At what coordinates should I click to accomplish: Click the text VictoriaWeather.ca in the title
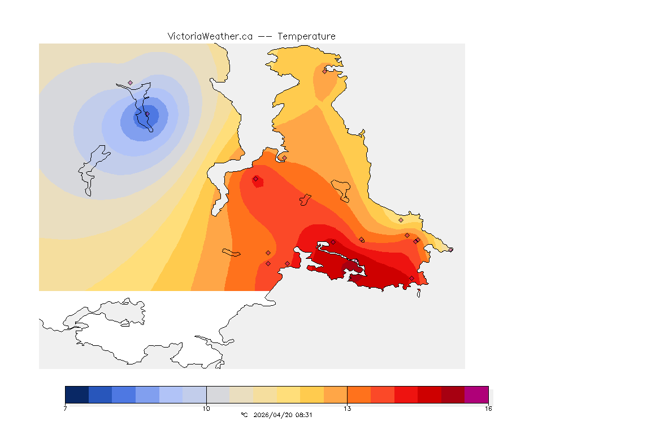click(210, 36)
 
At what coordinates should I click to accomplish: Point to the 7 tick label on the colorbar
click(66, 408)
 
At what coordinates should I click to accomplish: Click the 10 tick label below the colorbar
click(206, 408)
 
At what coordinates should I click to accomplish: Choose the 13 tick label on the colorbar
click(347, 408)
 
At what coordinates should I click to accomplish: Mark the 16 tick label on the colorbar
click(488, 408)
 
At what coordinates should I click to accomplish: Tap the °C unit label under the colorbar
click(244, 415)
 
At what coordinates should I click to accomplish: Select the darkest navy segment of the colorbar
click(77, 394)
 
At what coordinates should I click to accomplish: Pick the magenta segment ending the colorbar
click(476, 394)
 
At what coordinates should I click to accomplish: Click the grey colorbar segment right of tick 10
click(218, 394)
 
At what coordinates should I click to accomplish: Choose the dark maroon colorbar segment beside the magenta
click(453, 394)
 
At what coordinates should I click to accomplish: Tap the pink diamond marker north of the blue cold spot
click(130, 83)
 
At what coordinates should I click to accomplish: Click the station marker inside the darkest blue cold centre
click(142, 117)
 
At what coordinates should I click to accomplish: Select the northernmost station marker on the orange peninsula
click(325, 71)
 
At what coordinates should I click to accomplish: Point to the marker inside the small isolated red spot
click(255, 179)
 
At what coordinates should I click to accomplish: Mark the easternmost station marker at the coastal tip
click(450, 250)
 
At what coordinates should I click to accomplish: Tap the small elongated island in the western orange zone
click(232, 252)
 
